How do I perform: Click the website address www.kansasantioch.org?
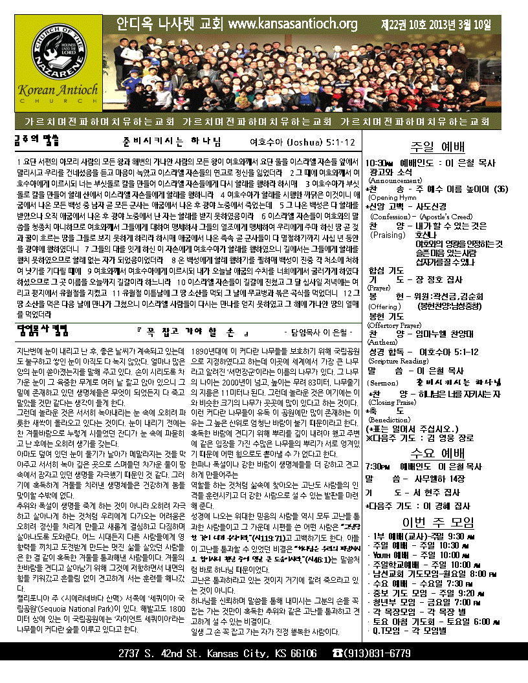(x=293, y=25)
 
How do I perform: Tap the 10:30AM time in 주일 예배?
(x=380, y=163)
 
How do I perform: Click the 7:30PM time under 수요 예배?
(x=379, y=466)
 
